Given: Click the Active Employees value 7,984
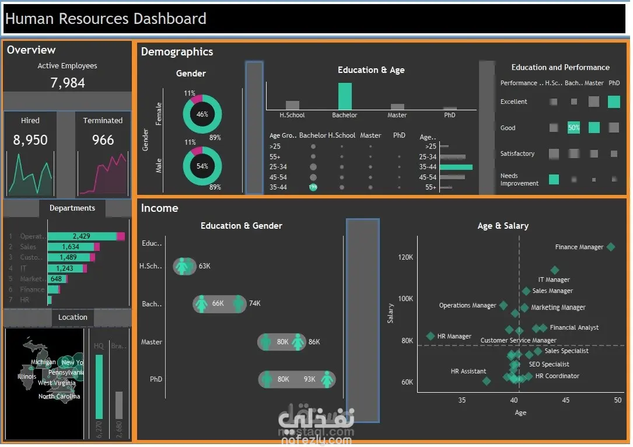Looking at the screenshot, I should point(68,83).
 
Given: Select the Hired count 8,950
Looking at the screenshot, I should point(30,140).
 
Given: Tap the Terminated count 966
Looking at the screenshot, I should point(103,140).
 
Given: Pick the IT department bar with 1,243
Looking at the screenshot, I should point(67,268).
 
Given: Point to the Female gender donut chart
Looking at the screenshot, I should point(202,114).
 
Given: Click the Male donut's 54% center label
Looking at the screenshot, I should point(202,166).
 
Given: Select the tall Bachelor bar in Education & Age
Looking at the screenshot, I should point(345,96).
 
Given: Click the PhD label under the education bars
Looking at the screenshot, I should point(449,116).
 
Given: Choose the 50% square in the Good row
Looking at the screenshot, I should point(573,128).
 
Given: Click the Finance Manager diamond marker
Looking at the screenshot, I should point(611,247).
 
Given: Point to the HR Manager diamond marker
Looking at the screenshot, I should point(431,336).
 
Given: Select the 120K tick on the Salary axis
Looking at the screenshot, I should point(405,257).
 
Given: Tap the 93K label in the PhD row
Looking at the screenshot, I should point(309,379).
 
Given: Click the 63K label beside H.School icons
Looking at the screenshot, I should point(204,266).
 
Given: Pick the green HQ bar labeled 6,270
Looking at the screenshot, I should point(99,387).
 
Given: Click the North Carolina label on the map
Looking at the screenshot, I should point(60,397).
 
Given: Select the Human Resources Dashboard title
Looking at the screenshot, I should point(106,19).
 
